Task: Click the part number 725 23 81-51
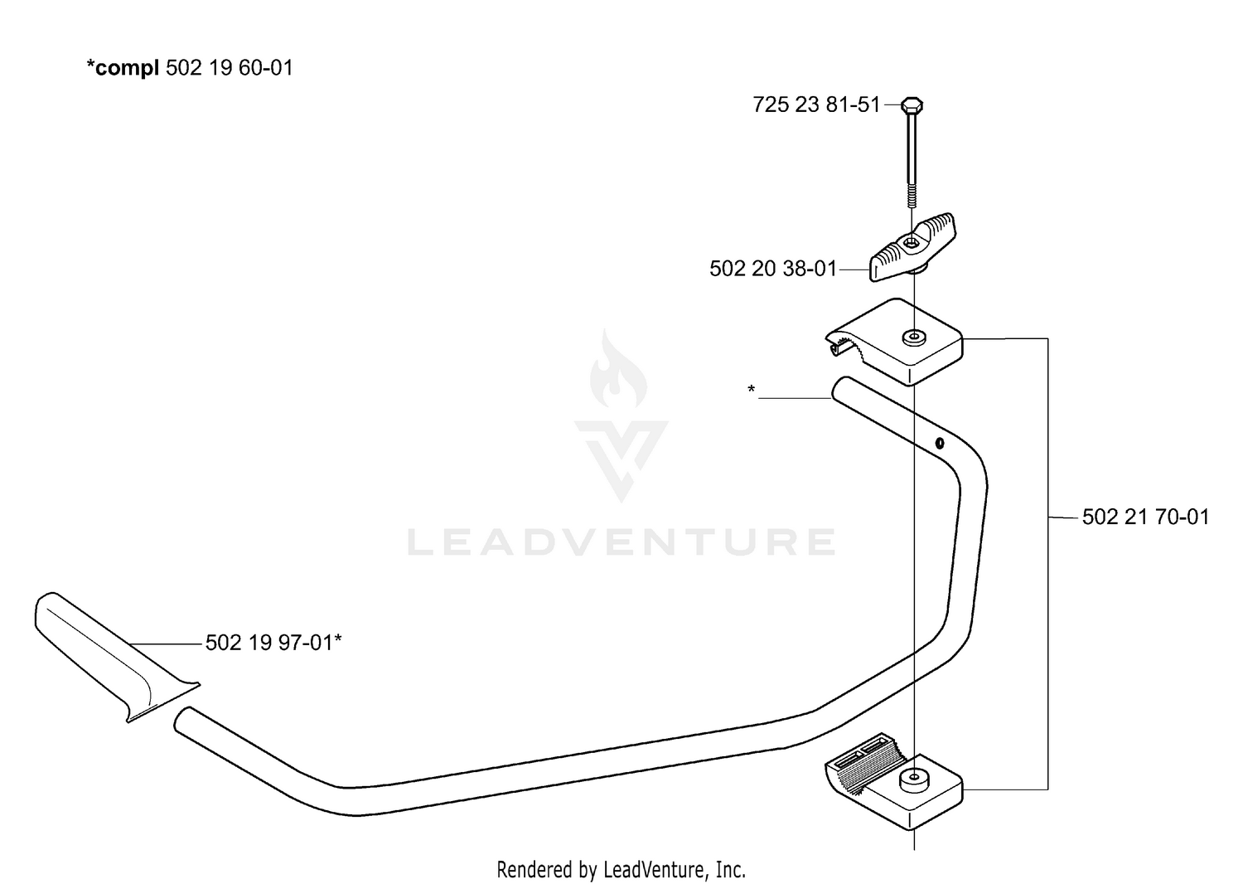click(816, 105)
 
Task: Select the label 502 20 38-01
click(773, 269)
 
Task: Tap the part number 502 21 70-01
click(1145, 517)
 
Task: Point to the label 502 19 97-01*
click(273, 643)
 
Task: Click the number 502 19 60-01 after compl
click(230, 68)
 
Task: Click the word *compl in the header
click(123, 68)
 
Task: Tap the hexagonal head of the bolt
click(912, 104)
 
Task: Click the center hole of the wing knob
click(912, 242)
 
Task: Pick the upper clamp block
click(894, 342)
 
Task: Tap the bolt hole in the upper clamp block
click(913, 337)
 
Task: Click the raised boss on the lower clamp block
click(913, 780)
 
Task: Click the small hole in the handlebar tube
click(940, 443)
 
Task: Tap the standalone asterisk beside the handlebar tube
click(752, 390)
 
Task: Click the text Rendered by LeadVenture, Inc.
click(621, 869)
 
